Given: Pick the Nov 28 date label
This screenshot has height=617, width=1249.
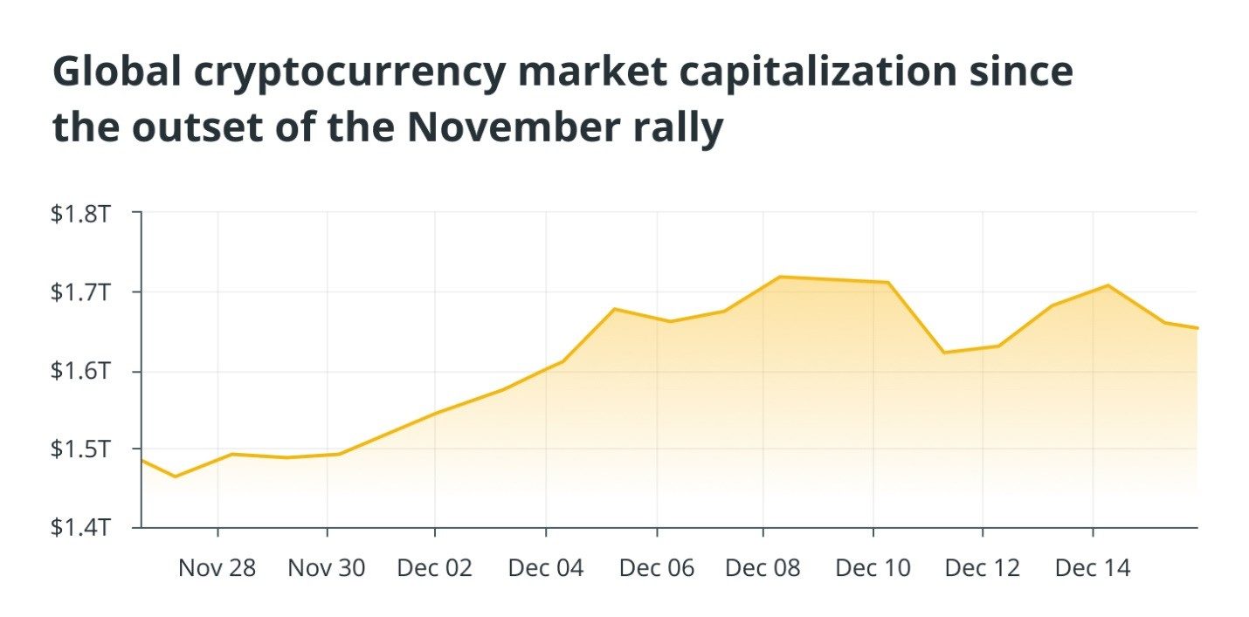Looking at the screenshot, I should (x=217, y=568).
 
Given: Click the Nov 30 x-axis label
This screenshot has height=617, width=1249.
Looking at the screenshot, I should (x=327, y=568).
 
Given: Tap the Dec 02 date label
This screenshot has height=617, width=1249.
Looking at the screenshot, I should (x=434, y=568).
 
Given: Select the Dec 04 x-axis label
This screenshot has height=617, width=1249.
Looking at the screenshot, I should (x=545, y=568).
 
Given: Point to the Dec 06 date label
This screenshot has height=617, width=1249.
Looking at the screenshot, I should (x=656, y=568).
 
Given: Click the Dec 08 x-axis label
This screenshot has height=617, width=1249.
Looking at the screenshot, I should (x=763, y=568).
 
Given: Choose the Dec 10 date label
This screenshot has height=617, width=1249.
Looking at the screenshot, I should (x=873, y=568).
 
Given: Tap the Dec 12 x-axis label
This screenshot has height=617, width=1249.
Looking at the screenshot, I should (x=983, y=568).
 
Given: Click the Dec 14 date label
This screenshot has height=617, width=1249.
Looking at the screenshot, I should (x=1092, y=568).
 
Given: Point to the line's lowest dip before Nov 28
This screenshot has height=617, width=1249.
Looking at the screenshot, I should (x=175, y=476).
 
